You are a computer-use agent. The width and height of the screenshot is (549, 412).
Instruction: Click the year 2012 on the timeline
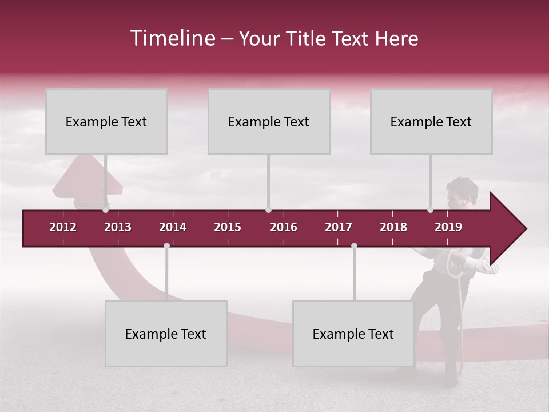click(63, 227)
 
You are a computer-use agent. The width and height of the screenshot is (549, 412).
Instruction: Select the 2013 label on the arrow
click(118, 227)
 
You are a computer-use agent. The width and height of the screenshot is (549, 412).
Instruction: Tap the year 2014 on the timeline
click(173, 227)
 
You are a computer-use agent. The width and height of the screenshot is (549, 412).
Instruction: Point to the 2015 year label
click(228, 227)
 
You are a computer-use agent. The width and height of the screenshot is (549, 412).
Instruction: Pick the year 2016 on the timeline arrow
click(284, 227)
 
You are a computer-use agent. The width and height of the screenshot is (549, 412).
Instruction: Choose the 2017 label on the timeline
click(339, 227)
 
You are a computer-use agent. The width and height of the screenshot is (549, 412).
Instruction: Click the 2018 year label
click(393, 227)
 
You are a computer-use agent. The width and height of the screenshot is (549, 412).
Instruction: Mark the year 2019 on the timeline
click(448, 227)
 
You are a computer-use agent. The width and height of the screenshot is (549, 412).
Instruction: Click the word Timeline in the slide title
click(172, 38)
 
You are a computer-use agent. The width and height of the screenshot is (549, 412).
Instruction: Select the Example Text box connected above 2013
click(106, 121)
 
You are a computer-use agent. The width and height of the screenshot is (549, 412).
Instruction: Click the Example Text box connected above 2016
click(269, 121)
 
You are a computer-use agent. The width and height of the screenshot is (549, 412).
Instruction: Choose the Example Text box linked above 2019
click(431, 121)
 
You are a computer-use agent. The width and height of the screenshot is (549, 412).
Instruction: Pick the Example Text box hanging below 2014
click(166, 334)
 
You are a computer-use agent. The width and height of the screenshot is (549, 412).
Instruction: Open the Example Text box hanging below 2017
click(353, 334)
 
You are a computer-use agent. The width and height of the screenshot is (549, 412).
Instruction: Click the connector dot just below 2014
click(166, 245)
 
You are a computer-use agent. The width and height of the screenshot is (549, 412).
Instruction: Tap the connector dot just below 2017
click(354, 245)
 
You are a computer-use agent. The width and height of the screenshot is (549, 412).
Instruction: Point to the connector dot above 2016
click(268, 209)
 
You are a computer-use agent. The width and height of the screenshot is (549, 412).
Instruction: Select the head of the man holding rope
click(462, 192)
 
